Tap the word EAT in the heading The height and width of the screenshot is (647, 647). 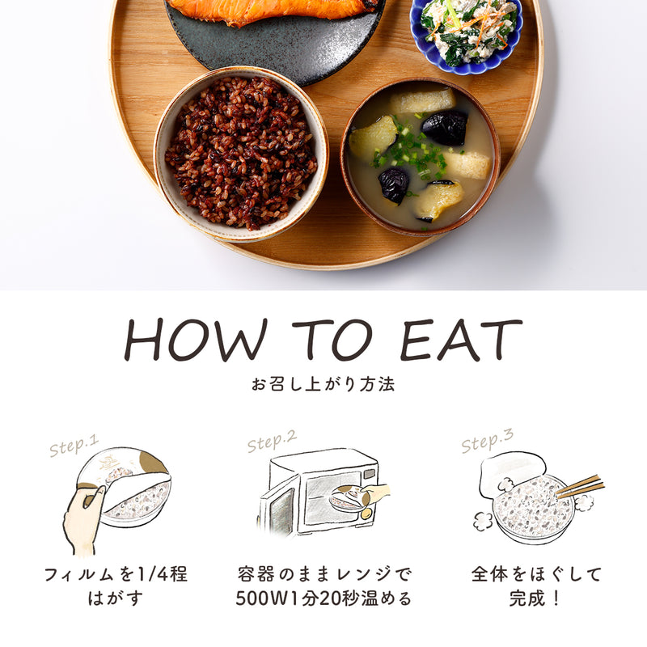coord(461,340)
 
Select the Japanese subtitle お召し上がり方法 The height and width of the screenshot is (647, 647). coord(323,384)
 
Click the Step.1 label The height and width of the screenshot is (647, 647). coord(74,446)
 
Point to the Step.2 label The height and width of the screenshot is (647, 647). coord(272,442)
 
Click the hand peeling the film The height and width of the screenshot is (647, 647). coord(82,518)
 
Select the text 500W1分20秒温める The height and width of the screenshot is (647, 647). coord(323,599)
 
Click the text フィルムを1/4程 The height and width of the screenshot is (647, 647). coord(116,575)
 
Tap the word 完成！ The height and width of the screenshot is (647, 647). coord(536,599)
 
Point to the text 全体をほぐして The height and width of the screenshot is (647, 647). coord(536,575)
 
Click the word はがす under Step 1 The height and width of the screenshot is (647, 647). coord(116,599)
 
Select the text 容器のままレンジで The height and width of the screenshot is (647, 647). coord(323,575)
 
